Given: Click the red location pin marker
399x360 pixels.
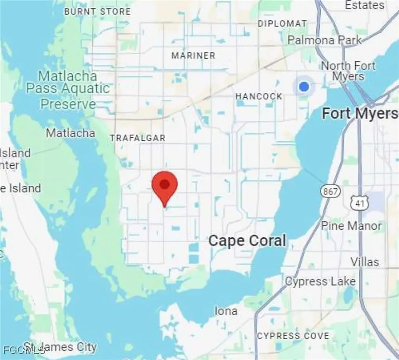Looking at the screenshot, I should [x=165, y=186].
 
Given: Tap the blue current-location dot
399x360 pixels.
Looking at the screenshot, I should [x=304, y=87].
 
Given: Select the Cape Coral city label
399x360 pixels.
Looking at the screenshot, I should [x=247, y=241].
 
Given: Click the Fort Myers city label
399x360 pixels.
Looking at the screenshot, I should [x=360, y=113].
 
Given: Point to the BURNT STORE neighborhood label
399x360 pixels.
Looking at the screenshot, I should [x=97, y=12].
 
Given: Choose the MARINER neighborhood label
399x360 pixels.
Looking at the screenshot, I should [x=193, y=56].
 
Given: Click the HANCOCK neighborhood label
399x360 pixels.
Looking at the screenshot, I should [x=259, y=96].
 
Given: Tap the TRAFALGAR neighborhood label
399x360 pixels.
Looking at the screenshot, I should [x=138, y=138].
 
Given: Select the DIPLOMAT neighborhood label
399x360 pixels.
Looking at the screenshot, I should [x=282, y=24].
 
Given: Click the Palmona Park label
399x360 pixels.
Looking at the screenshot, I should [x=324, y=40].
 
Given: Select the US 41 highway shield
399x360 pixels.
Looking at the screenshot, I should [x=357, y=202].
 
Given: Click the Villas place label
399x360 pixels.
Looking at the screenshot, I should [x=364, y=261].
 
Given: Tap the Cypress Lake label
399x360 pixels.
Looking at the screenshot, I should [x=320, y=281].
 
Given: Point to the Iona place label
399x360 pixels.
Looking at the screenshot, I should [x=226, y=311].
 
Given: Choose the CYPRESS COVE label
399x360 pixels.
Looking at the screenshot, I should [x=293, y=336].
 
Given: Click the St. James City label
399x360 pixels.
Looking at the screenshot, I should [x=60, y=347].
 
